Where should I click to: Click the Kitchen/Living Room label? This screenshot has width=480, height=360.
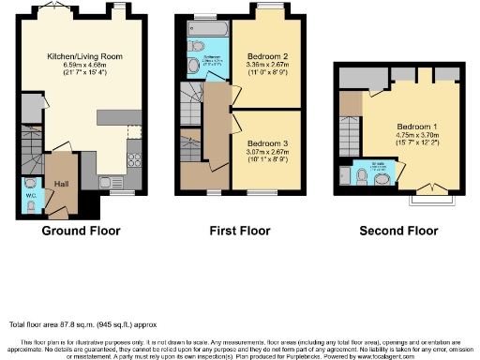tap(85, 55)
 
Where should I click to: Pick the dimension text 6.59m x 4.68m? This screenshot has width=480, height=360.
tap(85, 65)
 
